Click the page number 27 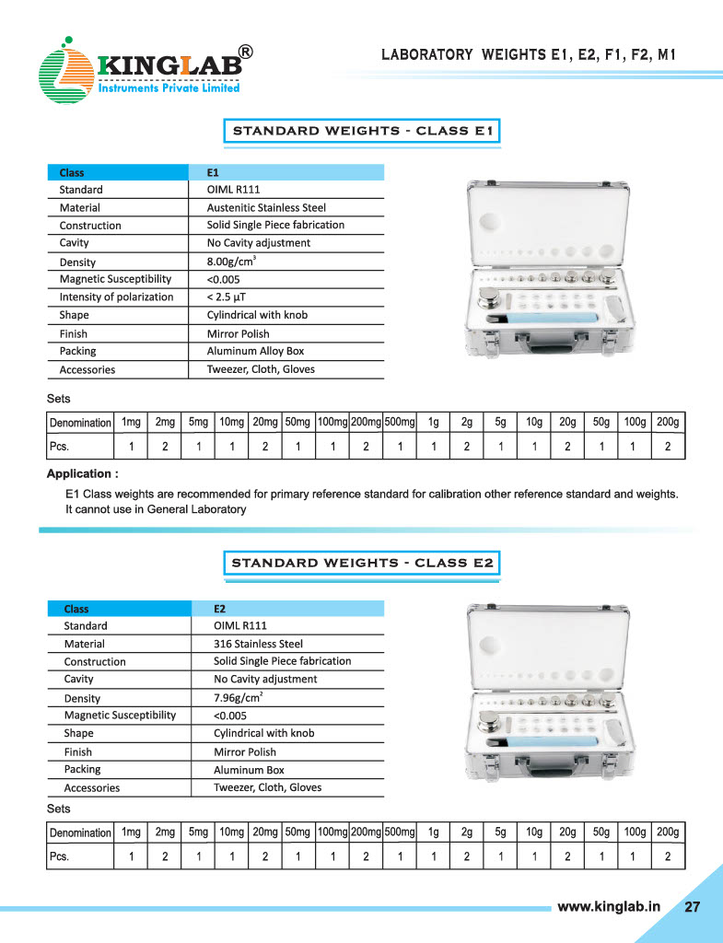coord(692,906)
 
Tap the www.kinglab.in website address coord(609,906)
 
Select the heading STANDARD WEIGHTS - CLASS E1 coord(364,131)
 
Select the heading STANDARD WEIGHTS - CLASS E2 coord(364,563)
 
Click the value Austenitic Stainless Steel coord(266,208)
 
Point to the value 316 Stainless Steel coord(258,644)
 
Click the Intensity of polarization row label coord(116,297)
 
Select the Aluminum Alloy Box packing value coord(255,351)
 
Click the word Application coord(82,473)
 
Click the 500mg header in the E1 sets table coord(400,423)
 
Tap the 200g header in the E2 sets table coord(668,832)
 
